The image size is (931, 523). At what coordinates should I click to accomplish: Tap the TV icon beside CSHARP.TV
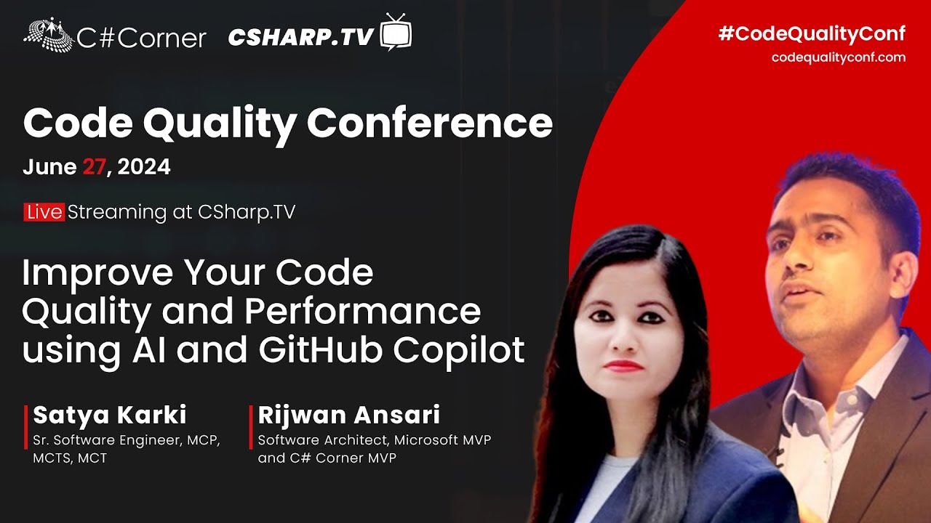click(x=396, y=33)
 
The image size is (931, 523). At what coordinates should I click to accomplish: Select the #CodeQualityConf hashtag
click(x=812, y=33)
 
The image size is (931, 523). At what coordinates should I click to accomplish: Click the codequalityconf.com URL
click(x=838, y=57)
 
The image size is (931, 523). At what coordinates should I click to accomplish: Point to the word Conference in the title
click(x=429, y=124)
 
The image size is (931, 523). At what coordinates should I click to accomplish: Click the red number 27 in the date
click(x=94, y=167)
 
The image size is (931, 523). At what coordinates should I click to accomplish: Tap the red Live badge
click(x=44, y=212)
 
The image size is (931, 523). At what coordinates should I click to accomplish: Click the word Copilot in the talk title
click(x=459, y=349)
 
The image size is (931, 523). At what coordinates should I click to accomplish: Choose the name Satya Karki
click(x=110, y=415)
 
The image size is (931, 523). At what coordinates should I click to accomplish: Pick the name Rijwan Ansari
click(x=349, y=415)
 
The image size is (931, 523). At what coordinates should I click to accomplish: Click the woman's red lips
click(x=623, y=366)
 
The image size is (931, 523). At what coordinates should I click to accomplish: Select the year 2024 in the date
click(x=143, y=167)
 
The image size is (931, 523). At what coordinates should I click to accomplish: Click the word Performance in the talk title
click(x=362, y=311)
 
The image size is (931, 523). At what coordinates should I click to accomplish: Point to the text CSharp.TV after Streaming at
click(x=247, y=212)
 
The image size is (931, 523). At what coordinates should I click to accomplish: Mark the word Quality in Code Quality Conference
click(x=219, y=124)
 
